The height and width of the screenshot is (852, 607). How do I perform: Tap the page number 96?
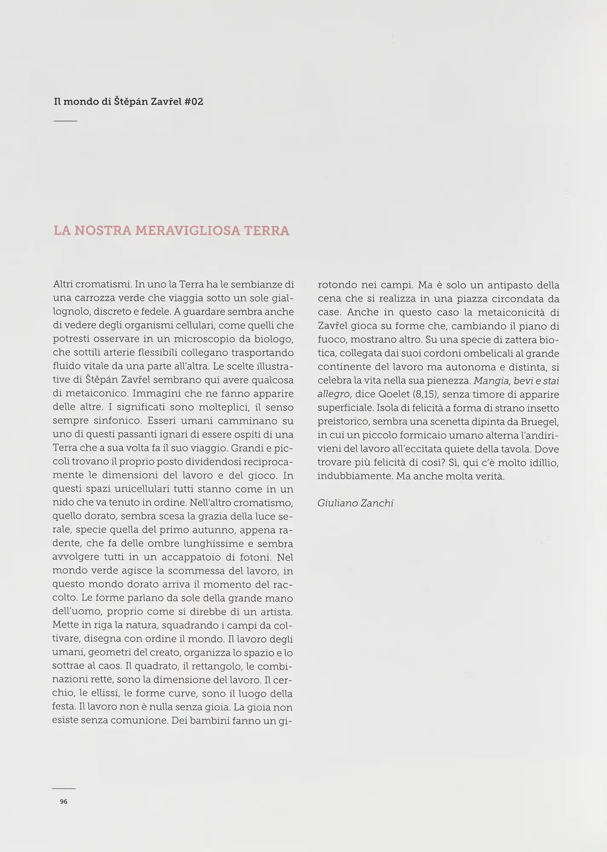pos(64,801)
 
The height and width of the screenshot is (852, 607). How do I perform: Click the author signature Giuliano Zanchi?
pos(355,503)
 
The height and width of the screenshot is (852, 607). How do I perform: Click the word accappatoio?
pos(204,557)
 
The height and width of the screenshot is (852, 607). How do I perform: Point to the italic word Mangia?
pos(489,381)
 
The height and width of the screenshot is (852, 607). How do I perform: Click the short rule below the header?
pos(65,121)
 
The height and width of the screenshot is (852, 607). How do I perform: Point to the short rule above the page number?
pos(64,789)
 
